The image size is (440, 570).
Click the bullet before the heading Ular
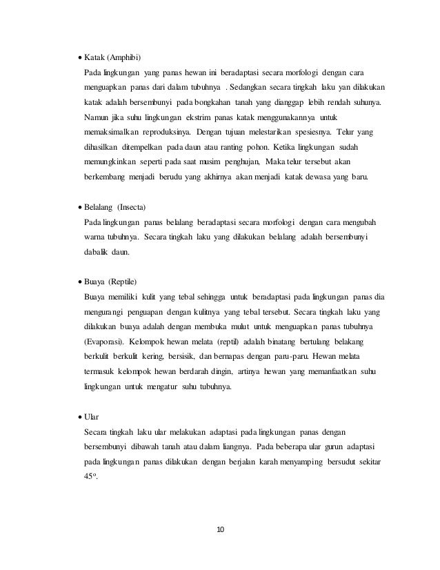coord(77,417)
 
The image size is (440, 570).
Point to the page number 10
coord(220,529)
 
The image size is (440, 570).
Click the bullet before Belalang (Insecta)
coord(77,208)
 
